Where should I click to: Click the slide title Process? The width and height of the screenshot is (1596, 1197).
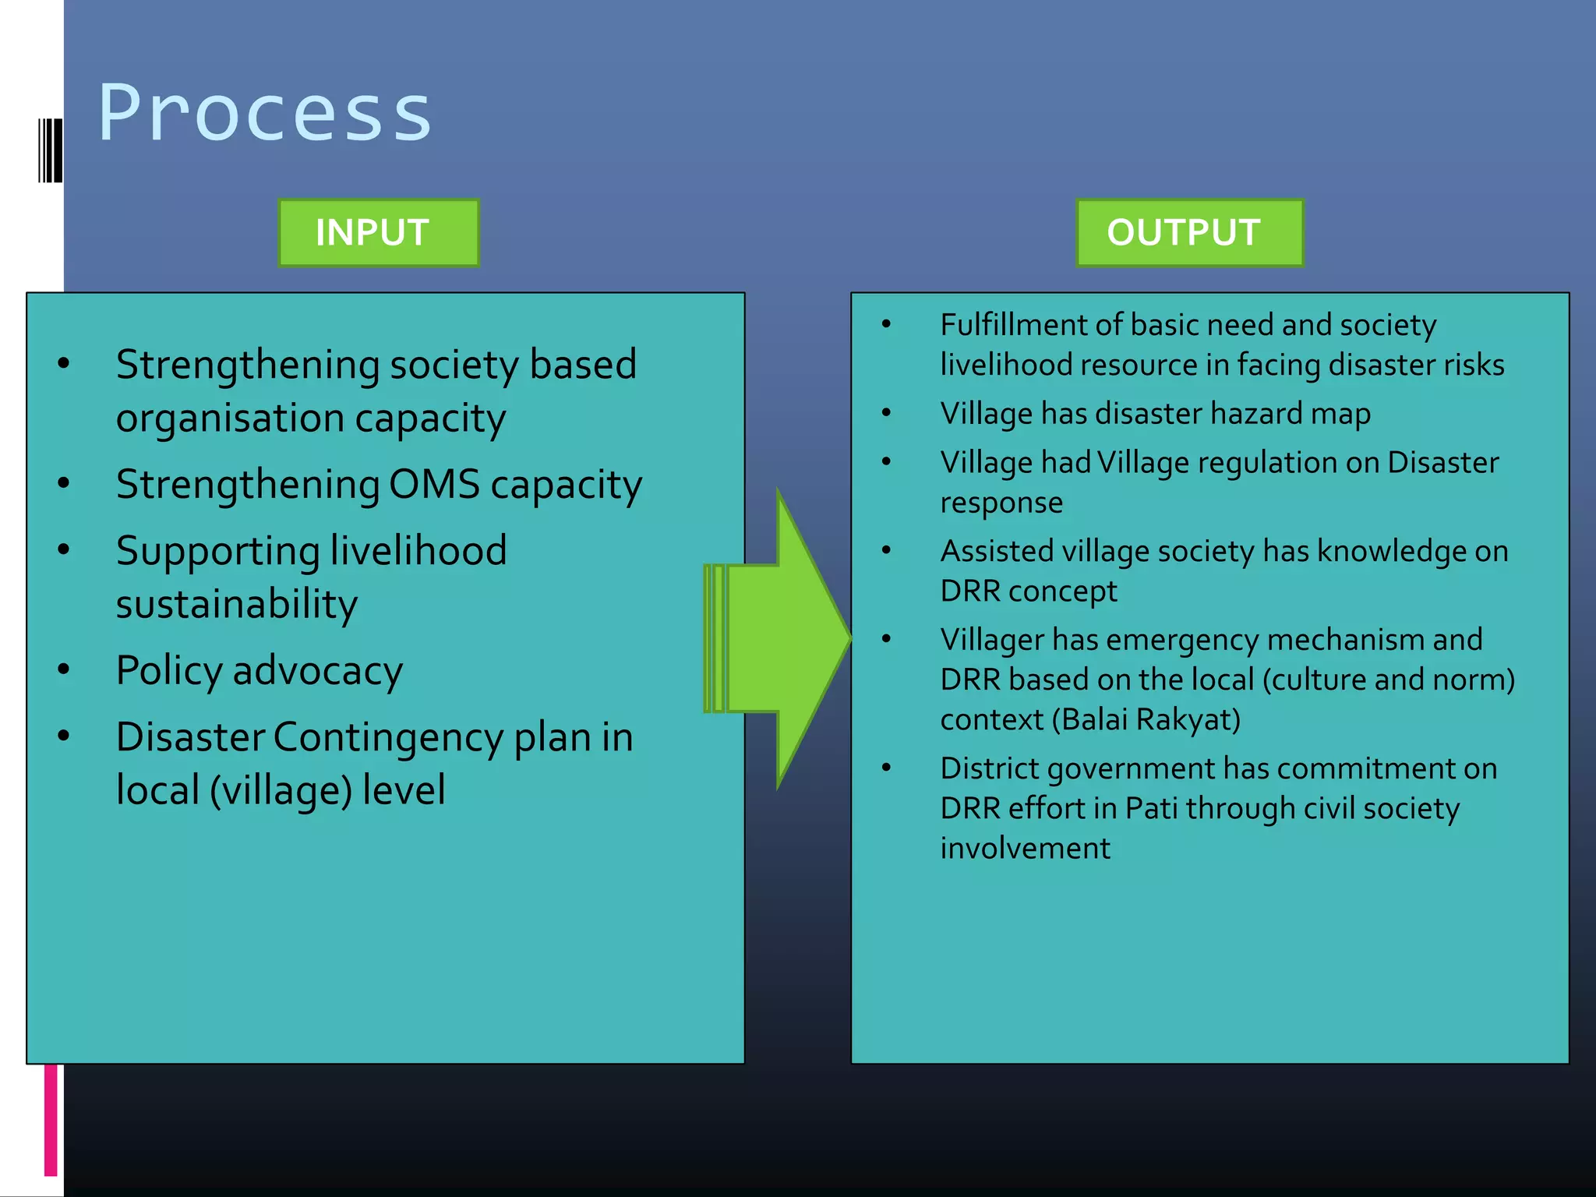265,114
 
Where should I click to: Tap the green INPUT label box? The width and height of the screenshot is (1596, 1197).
379,232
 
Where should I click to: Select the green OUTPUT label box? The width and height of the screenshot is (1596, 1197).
1189,232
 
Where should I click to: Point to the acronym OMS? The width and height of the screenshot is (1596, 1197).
434,484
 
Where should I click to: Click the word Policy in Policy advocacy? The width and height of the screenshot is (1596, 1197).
169,670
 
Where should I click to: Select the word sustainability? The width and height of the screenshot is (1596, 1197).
237,604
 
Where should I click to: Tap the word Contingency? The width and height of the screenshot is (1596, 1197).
388,736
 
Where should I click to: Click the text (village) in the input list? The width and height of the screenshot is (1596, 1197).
281,789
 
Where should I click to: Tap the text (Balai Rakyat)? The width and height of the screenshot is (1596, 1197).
1146,719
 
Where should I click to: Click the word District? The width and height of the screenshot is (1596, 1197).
989,768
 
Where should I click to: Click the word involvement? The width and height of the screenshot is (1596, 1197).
1025,848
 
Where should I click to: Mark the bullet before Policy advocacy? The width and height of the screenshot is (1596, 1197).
64,669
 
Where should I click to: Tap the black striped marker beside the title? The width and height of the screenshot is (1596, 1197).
50,150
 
